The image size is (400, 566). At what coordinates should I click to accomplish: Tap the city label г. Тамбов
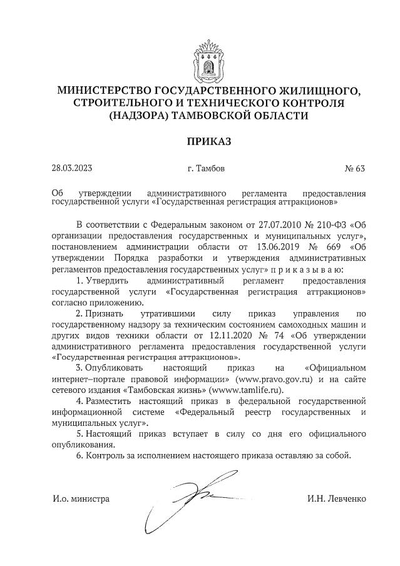pyautogui.click(x=206, y=169)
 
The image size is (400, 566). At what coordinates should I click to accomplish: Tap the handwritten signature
pyautogui.click(x=182, y=500)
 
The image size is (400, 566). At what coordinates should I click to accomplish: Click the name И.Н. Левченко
pyautogui.click(x=337, y=498)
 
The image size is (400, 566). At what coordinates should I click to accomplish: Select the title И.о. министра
pyautogui.click(x=81, y=498)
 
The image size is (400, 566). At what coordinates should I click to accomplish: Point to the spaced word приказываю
pyautogui.click(x=315, y=269)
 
